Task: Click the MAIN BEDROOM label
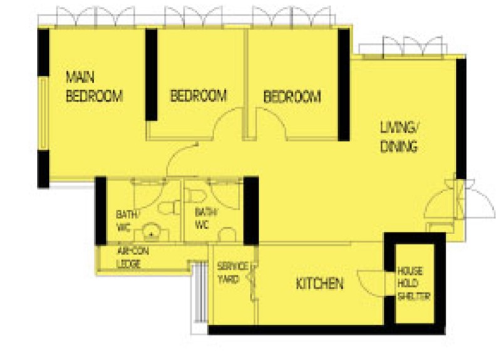pyautogui.click(x=95, y=86)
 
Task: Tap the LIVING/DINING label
pyautogui.click(x=399, y=136)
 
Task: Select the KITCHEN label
pyautogui.click(x=319, y=284)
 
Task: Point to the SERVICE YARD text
pyautogui.click(x=232, y=273)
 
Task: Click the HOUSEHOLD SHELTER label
pyautogui.click(x=413, y=284)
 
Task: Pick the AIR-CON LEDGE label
pyautogui.click(x=133, y=257)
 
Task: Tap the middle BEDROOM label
pyautogui.click(x=199, y=96)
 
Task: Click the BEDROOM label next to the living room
pyautogui.click(x=292, y=97)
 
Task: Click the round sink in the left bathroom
pyautogui.click(x=152, y=232)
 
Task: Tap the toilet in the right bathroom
pyautogui.click(x=195, y=195)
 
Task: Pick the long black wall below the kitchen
pyautogui.click(x=326, y=330)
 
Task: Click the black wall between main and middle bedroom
pyautogui.click(x=152, y=75)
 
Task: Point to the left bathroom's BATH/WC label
pyautogui.click(x=127, y=220)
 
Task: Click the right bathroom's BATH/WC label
pyautogui.click(x=205, y=218)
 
